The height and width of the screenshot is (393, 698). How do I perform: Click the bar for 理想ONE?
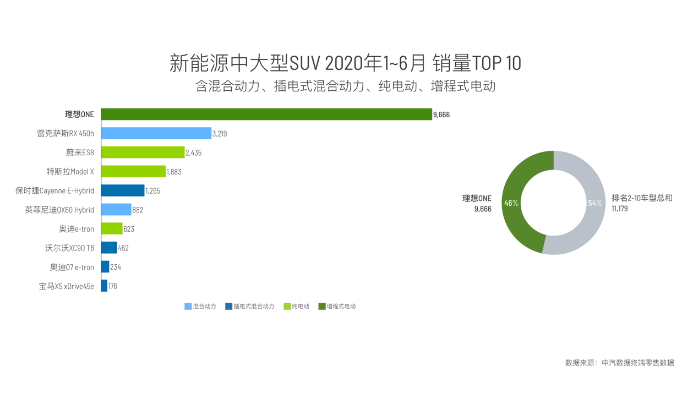[x=266, y=114]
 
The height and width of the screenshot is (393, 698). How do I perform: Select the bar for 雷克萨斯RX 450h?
[x=156, y=133]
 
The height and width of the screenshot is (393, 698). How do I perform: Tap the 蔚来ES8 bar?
[x=143, y=152]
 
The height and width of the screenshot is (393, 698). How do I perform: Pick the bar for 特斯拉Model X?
[x=133, y=171]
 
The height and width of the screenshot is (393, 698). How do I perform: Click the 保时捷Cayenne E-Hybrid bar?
[x=123, y=190]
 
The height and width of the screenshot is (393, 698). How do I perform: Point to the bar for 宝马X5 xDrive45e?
[x=104, y=286]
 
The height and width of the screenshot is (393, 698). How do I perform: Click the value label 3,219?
[x=220, y=134]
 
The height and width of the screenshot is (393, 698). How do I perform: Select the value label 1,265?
[x=152, y=191]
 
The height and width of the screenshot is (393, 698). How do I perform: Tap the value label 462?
[x=123, y=248]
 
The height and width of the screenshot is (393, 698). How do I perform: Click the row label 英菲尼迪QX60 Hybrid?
[x=59, y=210]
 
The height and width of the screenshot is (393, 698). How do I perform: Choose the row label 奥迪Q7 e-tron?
[x=72, y=267]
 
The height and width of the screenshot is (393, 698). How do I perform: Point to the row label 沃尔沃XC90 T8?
[x=69, y=248]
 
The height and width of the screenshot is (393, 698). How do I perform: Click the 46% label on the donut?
[x=511, y=203]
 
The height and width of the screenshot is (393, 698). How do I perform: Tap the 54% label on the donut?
[x=595, y=203]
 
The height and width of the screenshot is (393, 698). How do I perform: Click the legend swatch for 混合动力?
[x=188, y=306]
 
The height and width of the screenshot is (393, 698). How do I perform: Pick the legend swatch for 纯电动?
[x=287, y=306]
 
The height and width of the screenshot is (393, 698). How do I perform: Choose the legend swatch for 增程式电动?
[x=322, y=306]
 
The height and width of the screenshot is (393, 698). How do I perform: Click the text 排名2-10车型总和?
[x=642, y=198]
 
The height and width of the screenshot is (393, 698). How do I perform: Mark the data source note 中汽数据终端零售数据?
[x=637, y=363]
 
